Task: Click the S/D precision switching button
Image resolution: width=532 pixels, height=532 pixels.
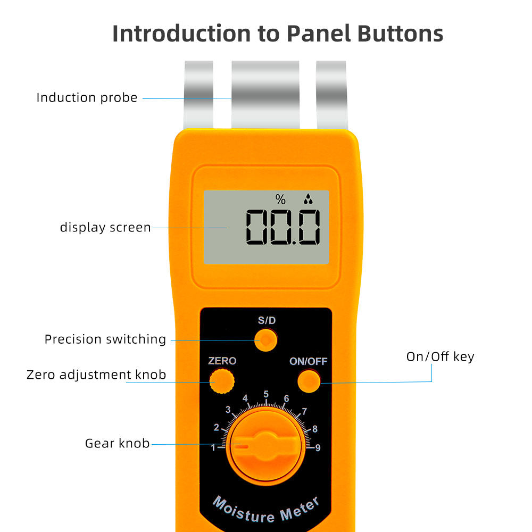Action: point(265,339)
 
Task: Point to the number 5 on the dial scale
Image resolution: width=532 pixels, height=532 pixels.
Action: point(266,394)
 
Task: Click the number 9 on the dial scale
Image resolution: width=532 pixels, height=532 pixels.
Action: point(318,447)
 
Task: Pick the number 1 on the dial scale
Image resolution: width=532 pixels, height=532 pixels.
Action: point(213,447)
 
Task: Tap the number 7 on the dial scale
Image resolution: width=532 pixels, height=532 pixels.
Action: point(304,411)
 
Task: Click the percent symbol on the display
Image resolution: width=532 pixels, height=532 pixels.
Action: point(280,200)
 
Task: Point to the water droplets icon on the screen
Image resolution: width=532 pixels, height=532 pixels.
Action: point(308,200)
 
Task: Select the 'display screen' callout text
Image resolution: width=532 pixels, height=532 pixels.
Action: point(105,228)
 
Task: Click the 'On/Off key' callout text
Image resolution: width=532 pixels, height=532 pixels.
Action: point(440,356)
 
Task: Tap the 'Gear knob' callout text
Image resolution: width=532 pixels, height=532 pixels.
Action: point(117,443)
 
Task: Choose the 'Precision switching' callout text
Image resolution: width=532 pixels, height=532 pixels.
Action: point(105,339)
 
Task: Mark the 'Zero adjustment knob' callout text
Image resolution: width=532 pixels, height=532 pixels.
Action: point(96,375)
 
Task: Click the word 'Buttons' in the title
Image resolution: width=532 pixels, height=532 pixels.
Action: point(393,34)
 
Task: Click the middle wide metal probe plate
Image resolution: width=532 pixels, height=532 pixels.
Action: point(265,95)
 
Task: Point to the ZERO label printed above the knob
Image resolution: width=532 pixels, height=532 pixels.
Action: point(222,361)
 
